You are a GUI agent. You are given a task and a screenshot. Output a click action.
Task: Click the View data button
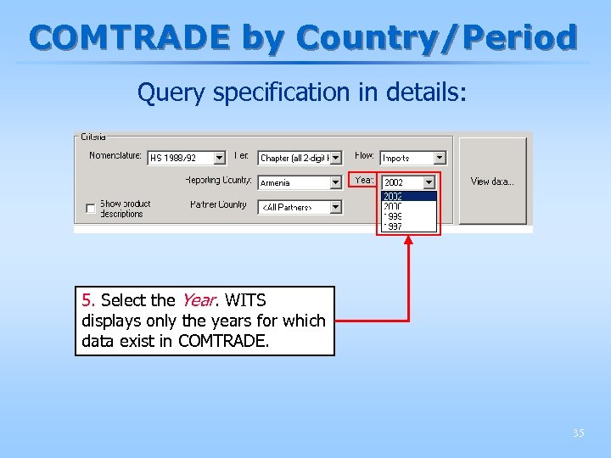pos(492,182)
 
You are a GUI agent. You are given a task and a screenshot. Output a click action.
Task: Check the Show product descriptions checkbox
pos(90,209)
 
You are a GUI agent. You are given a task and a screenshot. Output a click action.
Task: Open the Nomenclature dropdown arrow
pos(220,158)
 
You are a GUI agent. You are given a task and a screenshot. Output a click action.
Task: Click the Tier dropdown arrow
pos(336,158)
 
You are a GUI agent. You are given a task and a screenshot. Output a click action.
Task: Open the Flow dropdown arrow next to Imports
pos(439,158)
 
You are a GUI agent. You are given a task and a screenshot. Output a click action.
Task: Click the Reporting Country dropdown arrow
pos(336,182)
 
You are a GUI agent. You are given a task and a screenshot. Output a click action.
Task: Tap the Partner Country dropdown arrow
pos(336,207)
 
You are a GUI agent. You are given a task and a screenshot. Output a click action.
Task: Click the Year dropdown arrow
pos(429,182)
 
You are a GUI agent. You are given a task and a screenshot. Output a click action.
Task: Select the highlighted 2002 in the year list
pos(394,196)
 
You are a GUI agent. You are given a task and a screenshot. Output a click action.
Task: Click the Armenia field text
pos(276,183)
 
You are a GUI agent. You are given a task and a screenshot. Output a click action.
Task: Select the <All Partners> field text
pos(287,208)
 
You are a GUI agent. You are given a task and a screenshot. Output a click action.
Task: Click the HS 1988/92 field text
pos(173,159)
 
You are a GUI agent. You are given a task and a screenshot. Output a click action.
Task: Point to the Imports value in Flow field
pos(396,159)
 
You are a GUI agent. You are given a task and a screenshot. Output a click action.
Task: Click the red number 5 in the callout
pos(87,300)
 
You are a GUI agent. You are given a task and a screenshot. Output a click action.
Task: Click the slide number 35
pos(578,433)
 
